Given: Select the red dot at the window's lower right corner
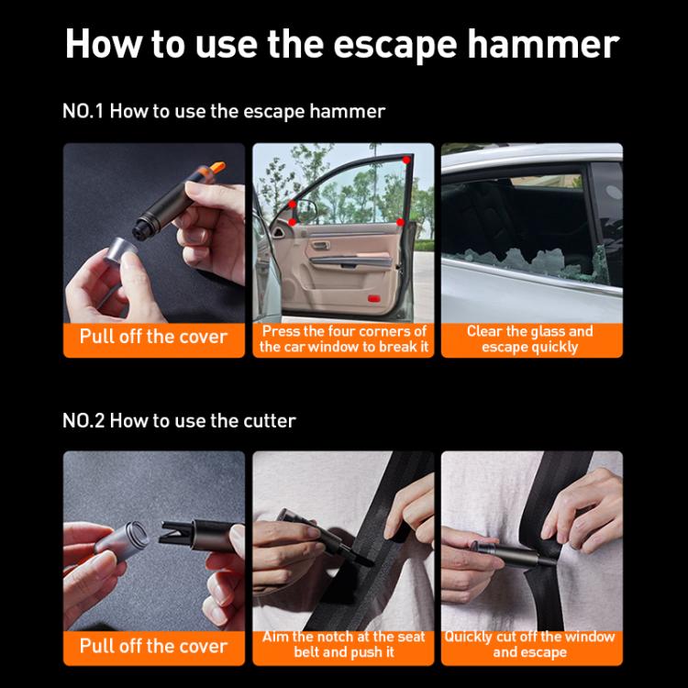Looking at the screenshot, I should coord(401,223).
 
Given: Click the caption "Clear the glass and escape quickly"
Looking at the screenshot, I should coord(530,338).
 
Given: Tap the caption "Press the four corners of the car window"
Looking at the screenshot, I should coord(343,338).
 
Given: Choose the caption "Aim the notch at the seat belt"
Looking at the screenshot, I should coord(343,644).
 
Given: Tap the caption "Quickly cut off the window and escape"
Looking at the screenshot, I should coord(530,644).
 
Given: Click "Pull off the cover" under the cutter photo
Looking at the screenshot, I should coord(153,645).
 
